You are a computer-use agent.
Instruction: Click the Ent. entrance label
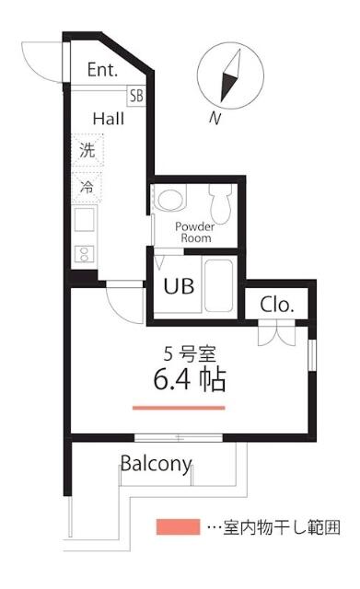pos(101,70)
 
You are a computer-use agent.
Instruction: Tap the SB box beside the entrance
pos(136,95)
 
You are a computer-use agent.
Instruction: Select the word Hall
pos(108,119)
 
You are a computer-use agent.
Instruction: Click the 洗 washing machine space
pos(87,152)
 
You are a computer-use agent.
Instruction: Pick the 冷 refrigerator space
pos(87,186)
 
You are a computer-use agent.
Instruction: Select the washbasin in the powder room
pos(170,200)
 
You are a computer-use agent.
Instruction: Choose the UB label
pos(178,286)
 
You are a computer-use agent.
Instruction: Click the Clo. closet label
pos(276,305)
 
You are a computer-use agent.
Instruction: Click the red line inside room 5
pos(179,407)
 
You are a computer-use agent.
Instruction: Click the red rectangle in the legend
pos(177,527)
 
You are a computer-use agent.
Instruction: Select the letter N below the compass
pos(215,117)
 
